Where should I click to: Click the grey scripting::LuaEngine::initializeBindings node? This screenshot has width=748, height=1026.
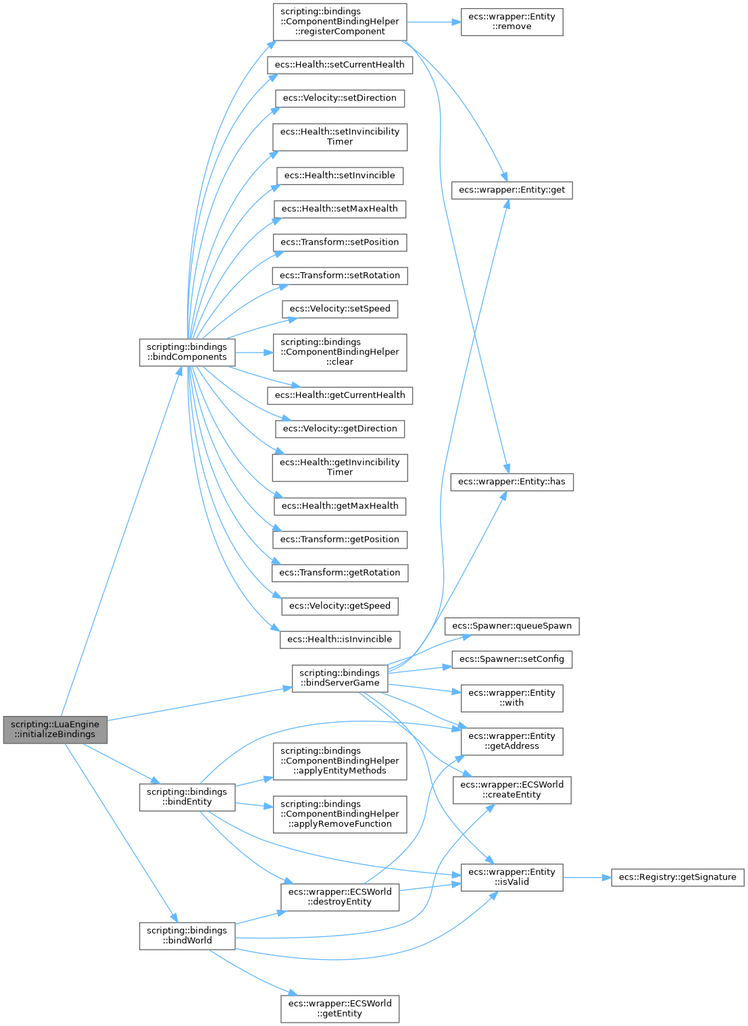(55, 729)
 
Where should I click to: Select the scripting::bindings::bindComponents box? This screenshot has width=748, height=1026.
(187, 352)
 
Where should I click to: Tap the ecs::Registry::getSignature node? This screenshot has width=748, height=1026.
(677, 877)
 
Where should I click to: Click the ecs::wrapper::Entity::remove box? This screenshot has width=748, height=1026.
(512, 22)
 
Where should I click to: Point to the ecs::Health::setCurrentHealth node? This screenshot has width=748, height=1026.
(339, 65)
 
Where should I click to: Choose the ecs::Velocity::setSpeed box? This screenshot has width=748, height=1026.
(339, 309)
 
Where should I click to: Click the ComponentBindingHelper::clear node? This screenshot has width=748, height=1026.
(339, 352)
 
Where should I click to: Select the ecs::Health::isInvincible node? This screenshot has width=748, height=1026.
(339, 639)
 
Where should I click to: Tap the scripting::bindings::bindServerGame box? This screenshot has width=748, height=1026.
(339, 677)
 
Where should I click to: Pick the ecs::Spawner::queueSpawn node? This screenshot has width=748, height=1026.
(512, 625)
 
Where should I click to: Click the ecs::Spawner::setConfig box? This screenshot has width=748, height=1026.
(512, 659)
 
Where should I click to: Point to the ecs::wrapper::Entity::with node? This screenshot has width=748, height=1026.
(512, 698)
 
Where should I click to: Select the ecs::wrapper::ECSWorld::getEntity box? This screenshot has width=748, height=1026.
(339, 1008)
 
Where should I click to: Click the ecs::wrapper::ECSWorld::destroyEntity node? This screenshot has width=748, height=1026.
(339, 896)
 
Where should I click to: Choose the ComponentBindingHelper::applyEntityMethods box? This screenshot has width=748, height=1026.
(339, 761)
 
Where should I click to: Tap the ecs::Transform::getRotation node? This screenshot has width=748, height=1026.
(339, 572)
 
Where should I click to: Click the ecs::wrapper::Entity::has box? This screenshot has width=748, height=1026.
(512, 482)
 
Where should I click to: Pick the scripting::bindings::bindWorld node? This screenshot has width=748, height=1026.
(187, 935)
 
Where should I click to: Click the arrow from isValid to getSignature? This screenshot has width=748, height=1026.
(587, 877)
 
